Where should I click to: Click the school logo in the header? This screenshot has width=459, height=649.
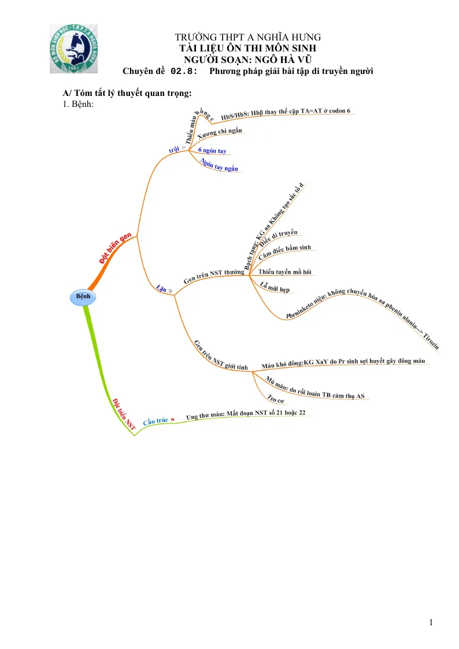tap(73, 49)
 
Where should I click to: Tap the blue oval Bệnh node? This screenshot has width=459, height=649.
tap(83, 297)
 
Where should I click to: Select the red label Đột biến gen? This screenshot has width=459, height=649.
tap(116, 248)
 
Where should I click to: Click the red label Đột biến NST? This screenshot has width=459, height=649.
tap(124, 414)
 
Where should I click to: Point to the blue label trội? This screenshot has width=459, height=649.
tap(174, 150)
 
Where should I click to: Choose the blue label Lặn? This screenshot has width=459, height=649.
tap(161, 288)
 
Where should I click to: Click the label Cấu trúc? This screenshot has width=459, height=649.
tap(155, 421)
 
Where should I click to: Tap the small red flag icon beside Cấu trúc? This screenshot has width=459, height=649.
tap(173, 420)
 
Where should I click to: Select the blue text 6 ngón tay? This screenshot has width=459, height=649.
tap(212, 150)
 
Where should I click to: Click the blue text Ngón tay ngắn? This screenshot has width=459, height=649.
tap(219, 165)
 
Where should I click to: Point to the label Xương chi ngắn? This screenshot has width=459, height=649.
tap(219, 133)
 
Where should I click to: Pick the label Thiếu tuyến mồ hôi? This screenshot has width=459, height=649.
tap(285, 272)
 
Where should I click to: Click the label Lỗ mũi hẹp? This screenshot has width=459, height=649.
tap(275, 287)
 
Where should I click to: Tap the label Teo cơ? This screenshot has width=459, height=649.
tap(276, 399)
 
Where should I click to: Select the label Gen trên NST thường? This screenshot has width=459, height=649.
tap(213, 276)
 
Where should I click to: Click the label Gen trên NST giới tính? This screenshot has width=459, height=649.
tap(221, 355)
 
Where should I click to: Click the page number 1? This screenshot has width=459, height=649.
tap(431, 622)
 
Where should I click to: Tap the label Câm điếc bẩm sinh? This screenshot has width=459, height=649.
tap(285, 251)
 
